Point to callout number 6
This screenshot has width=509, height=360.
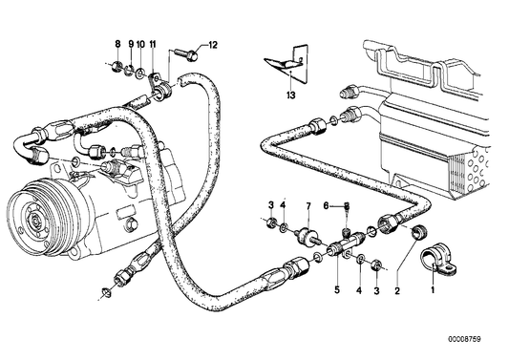click(x=326, y=206)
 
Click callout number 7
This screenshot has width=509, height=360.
click(x=308, y=206)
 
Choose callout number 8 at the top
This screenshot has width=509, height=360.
click(x=118, y=45)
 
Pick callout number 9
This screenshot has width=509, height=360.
click(x=131, y=45)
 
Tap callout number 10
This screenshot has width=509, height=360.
click(x=140, y=45)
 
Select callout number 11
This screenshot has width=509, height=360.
click(x=153, y=45)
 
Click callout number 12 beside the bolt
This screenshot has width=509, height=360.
click(x=214, y=45)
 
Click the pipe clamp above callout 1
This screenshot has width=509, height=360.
click(x=438, y=256)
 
